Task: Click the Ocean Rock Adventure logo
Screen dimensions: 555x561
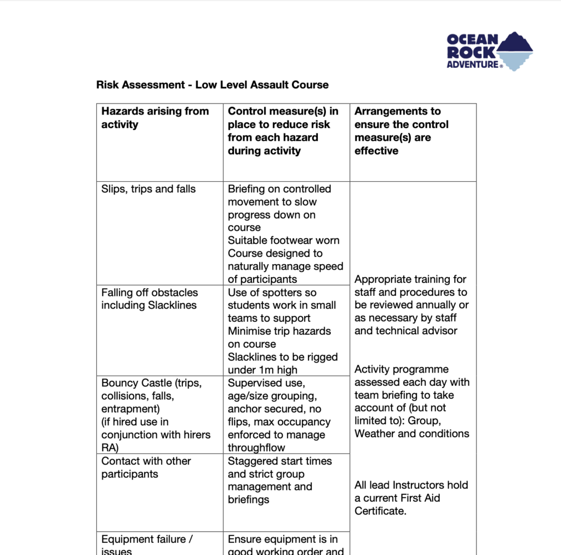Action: pos(489,52)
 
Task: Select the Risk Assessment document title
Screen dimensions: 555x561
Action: pos(212,85)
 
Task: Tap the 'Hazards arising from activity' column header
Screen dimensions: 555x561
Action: pos(155,118)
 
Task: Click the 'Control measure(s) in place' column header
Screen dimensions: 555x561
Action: pos(283,131)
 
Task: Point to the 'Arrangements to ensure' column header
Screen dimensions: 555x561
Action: pos(401,131)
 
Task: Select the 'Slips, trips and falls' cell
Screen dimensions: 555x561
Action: pos(148,189)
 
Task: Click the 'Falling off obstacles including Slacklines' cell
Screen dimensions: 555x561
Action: pos(149,299)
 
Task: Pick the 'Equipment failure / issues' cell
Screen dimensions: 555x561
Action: pos(146,545)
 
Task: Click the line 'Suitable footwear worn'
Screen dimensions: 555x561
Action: pos(283,241)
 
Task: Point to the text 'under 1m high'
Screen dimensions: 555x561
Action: pos(263,370)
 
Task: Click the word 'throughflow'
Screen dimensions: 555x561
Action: pos(256,448)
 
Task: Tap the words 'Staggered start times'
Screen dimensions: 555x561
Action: pos(279,461)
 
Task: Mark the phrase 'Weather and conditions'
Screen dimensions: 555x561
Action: pos(411,433)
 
